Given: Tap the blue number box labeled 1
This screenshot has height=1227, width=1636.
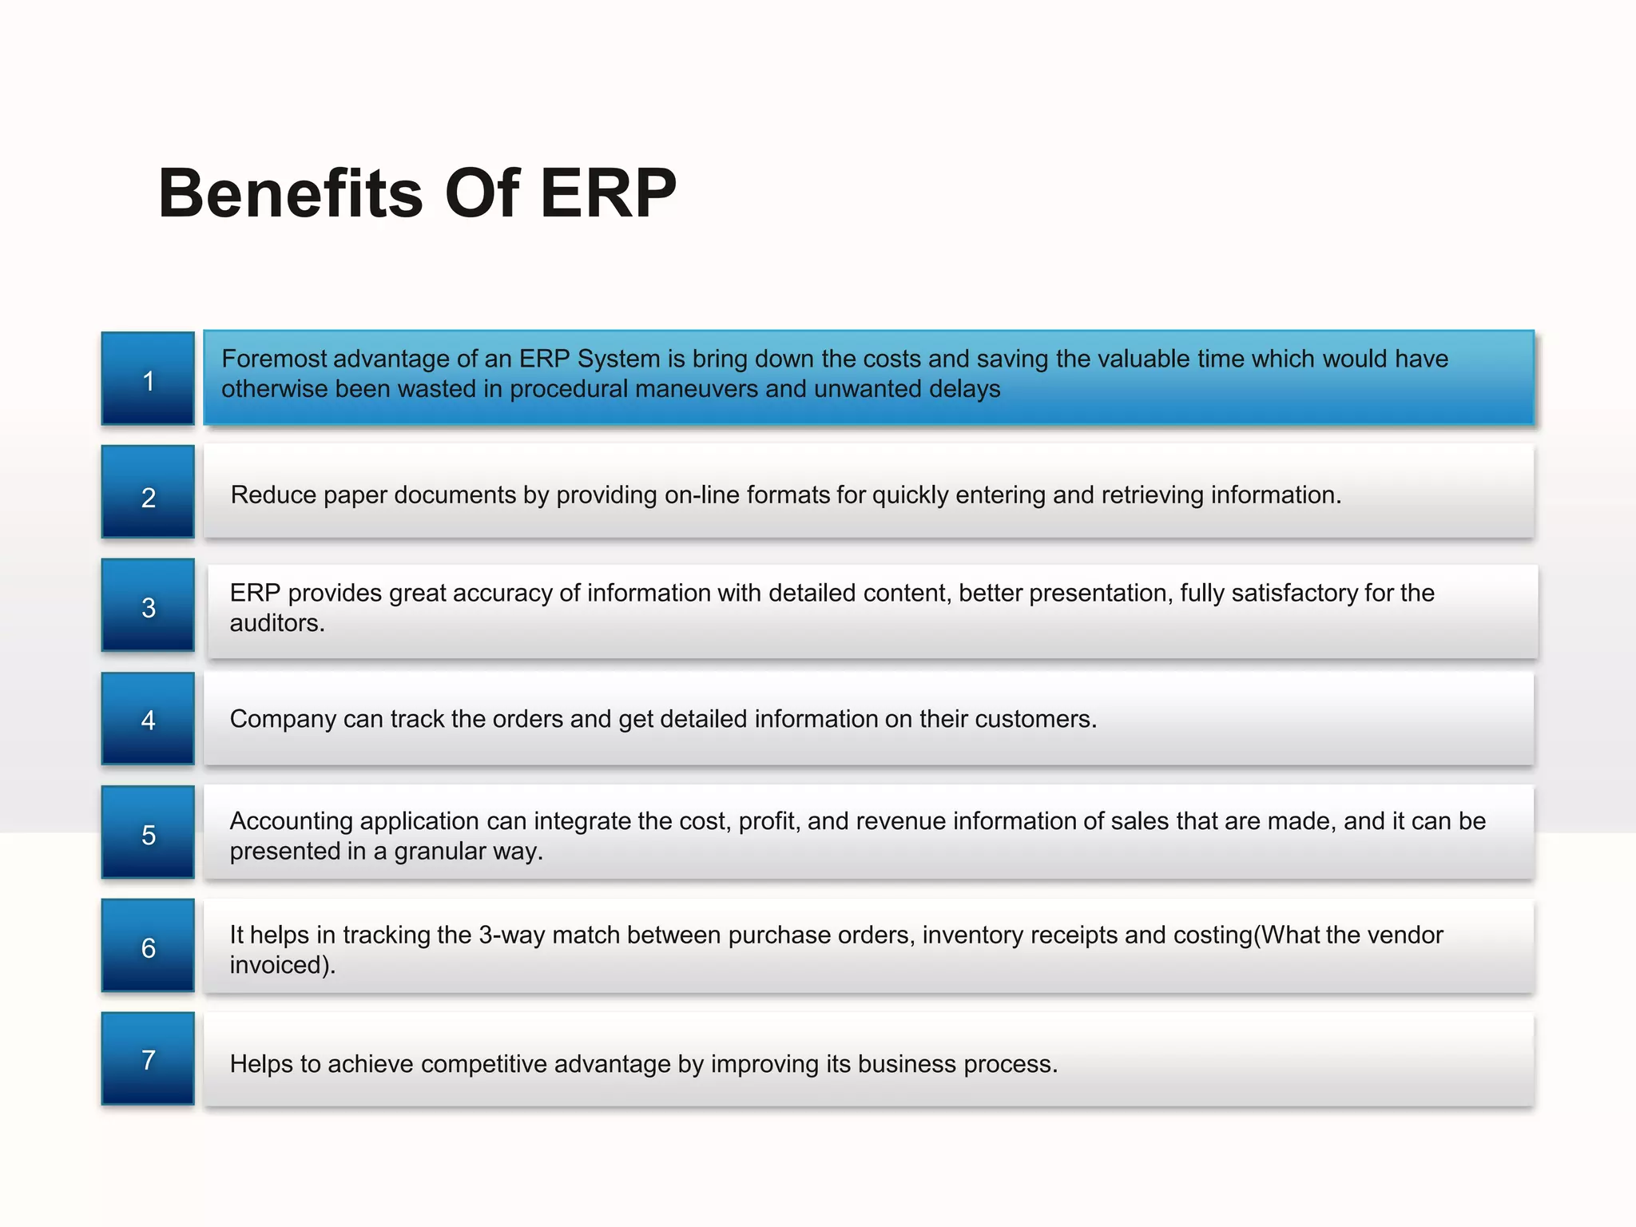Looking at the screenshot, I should coord(148,379).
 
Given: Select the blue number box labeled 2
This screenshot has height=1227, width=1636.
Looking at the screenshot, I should coord(148,492).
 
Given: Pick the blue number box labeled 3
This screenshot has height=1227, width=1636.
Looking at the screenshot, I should coord(148,606).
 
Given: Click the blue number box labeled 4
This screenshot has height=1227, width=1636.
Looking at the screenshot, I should coord(148,719).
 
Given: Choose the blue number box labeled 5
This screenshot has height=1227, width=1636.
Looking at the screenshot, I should coord(148,832).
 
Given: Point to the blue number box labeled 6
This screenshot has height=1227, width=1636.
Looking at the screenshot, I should coord(148,946).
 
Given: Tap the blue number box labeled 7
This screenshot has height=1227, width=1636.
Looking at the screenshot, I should coord(148,1059).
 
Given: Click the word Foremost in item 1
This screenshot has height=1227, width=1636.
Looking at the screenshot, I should coord(273,359).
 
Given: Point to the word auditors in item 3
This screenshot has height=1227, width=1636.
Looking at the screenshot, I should coord(275,623).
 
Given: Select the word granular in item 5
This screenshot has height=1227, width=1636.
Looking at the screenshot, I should coord(439,852).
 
